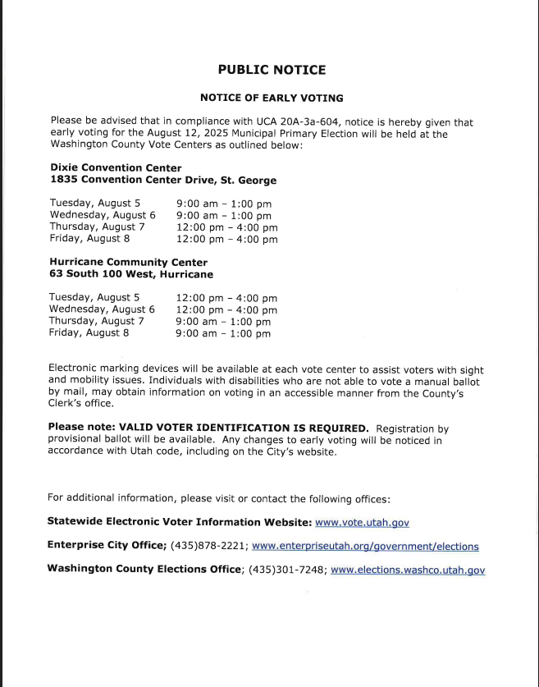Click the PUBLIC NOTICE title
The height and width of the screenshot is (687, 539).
click(x=272, y=70)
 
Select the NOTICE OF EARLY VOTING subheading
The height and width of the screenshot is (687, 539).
click(x=272, y=98)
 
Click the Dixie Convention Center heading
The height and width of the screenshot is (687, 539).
click(x=116, y=167)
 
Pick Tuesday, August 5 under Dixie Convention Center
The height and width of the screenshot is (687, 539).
click(x=95, y=203)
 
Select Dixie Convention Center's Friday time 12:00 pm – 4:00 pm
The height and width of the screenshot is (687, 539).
click(x=226, y=240)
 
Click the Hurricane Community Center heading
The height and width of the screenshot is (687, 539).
click(x=128, y=263)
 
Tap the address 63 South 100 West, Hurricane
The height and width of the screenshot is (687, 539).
click(x=131, y=274)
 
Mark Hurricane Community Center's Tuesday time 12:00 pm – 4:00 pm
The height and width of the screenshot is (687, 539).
click(x=226, y=298)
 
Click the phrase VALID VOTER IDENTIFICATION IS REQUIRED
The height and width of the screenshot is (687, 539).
click(x=244, y=428)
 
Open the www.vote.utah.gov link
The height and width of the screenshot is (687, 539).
click(x=362, y=522)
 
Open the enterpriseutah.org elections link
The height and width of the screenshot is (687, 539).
click(x=365, y=546)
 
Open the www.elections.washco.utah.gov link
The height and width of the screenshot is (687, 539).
click(x=408, y=570)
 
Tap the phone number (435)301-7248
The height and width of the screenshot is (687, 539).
click(x=286, y=570)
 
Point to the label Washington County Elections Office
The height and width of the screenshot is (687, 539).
click(x=144, y=570)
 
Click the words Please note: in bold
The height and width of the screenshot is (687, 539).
click(x=80, y=428)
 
